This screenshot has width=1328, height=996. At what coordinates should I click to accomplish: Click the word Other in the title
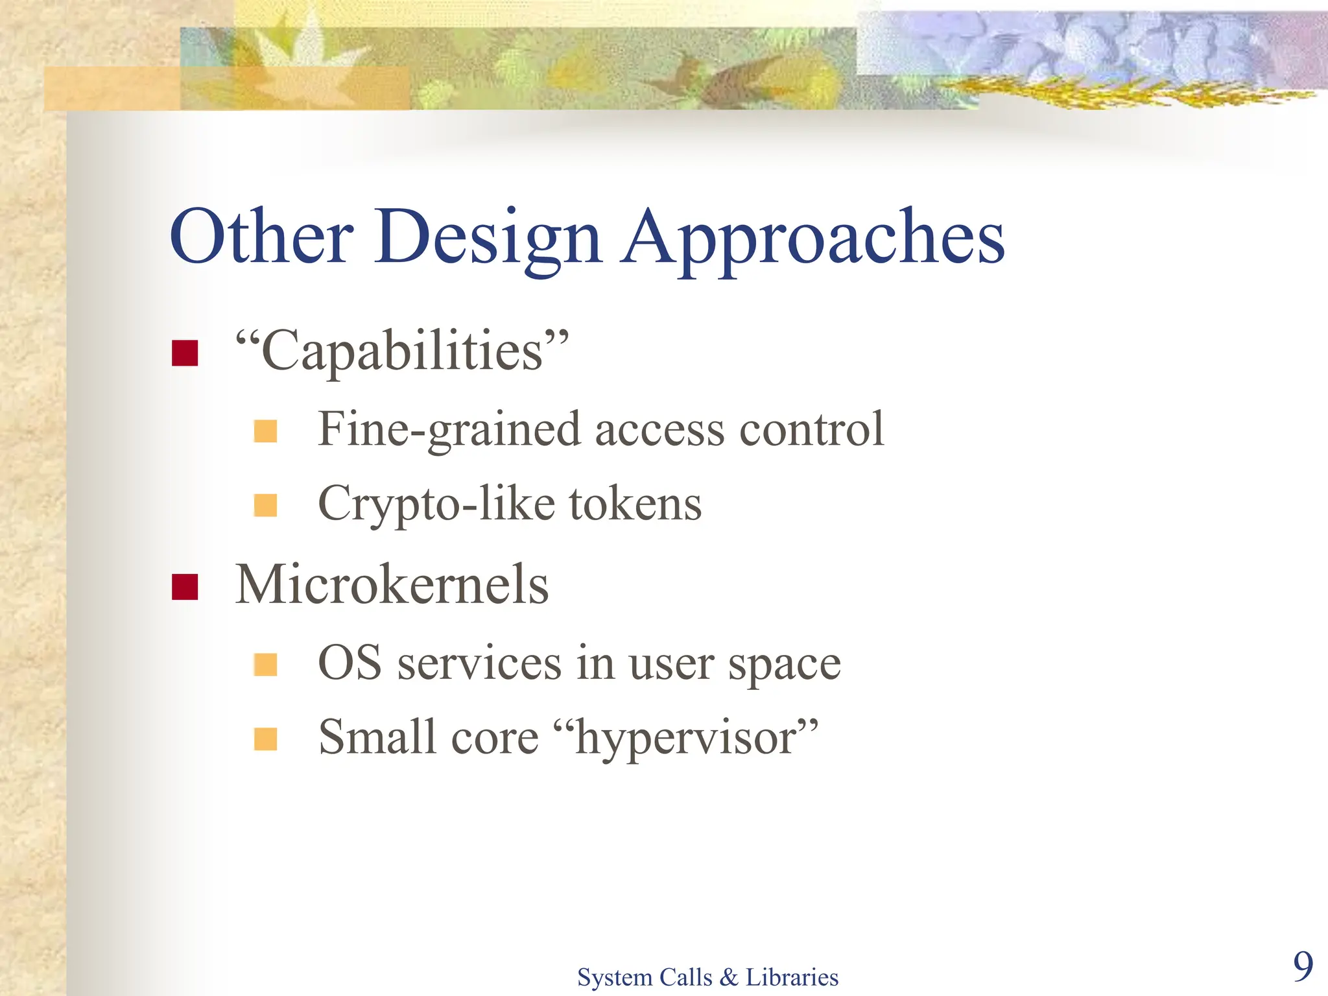pyautogui.click(x=261, y=237)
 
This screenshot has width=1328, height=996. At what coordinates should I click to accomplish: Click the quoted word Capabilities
pyautogui.click(x=401, y=351)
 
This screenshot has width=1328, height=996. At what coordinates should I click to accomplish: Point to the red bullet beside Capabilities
pyautogui.click(x=185, y=353)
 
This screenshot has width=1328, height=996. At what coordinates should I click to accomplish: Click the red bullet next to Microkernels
pyautogui.click(x=185, y=587)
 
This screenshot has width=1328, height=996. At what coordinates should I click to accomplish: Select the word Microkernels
pyautogui.click(x=392, y=584)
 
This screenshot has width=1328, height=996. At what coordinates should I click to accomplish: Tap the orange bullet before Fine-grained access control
pyautogui.click(x=265, y=431)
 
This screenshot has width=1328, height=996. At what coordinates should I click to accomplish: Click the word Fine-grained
pyautogui.click(x=449, y=430)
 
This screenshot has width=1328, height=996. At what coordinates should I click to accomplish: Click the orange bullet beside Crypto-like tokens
pyautogui.click(x=265, y=505)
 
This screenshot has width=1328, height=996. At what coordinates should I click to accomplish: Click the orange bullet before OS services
pyautogui.click(x=265, y=665)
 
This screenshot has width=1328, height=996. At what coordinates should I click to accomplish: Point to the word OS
pyautogui.click(x=350, y=663)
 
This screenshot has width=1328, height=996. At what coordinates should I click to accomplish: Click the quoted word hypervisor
pyautogui.click(x=687, y=739)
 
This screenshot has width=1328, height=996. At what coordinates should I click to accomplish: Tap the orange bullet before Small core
pyautogui.click(x=265, y=739)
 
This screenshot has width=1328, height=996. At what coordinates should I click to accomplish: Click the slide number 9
pyautogui.click(x=1303, y=966)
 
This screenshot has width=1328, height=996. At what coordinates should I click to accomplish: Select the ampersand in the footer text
pyautogui.click(x=728, y=977)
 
